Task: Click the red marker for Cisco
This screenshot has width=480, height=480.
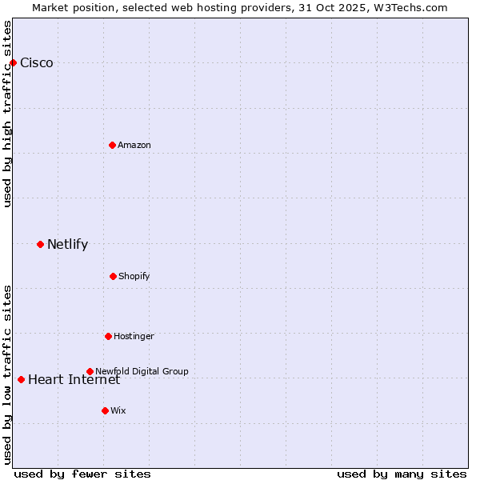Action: coord(13,62)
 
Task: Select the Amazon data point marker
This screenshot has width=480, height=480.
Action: coord(112,145)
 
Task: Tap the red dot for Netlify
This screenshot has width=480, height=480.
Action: coord(40,244)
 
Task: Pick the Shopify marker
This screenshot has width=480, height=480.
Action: coord(113,276)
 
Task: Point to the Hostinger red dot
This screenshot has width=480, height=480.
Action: coord(108,336)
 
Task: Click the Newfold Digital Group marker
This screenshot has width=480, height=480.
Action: coord(90,371)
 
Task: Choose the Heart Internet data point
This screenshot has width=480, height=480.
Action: coord(21,379)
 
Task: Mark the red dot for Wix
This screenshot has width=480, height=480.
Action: coord(105,410)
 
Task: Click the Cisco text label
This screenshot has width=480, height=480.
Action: coord(37,63)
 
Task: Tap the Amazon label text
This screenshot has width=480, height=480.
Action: coord(134,145)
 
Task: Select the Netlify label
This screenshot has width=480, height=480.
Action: coord(67,245)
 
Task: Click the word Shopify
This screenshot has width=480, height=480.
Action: coord(134,276)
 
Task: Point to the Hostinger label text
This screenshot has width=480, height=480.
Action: coord(134,336)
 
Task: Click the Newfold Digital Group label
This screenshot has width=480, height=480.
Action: coord(142,371)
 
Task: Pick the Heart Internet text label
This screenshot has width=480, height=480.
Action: coord(74,379)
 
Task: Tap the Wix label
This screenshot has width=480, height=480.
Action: coord(118,410)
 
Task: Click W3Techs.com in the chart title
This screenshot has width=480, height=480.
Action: coord(409,7)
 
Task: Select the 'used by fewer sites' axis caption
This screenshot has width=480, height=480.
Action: coord(82,474)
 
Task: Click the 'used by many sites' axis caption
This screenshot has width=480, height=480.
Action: coord(402,474)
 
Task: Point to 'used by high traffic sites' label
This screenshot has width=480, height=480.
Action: coord(7,114)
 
